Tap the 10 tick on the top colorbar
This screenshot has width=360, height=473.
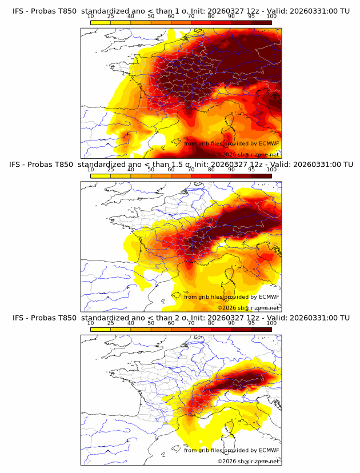tap(91, 17)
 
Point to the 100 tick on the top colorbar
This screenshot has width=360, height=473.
tap(271, 17)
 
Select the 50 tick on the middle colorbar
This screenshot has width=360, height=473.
tap(151, 170)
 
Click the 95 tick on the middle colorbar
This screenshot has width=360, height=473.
tap(251, 170)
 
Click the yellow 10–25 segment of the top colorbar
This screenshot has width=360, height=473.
tap(101, 22)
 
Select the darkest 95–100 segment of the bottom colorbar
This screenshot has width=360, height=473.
tap(261, 330)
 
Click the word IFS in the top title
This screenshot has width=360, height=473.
tap(18, 11)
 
